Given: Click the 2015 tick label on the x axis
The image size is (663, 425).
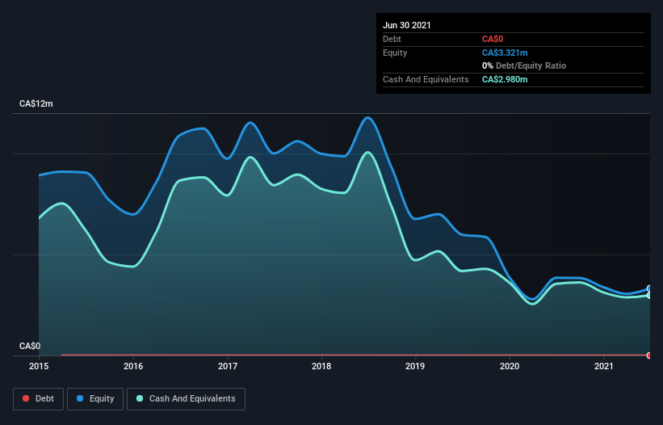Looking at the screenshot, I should [39, 366].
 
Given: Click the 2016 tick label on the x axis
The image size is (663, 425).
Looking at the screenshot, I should [133, 366].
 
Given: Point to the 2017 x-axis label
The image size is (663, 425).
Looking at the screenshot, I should [228, 366].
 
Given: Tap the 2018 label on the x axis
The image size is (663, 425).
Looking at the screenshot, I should [321, 366].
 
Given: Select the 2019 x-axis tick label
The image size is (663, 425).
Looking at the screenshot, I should [416, 366].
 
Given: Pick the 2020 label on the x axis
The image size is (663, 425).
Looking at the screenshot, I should [510, 366].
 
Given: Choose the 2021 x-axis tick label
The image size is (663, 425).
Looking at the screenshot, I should [604, 366].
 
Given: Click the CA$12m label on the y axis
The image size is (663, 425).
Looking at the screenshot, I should [36, 104].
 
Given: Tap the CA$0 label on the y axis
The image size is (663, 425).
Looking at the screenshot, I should [29, 346].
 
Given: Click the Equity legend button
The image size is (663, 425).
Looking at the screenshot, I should [95, 398].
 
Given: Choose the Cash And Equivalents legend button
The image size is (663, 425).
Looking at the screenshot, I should [186, 398].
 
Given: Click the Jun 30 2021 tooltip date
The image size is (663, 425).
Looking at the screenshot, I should [407, 25].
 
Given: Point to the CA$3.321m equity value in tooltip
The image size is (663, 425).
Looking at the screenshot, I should [506, 53].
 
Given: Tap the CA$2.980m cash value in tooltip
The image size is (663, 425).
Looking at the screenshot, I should [506, 79].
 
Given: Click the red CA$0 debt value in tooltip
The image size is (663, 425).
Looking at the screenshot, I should [494, 39].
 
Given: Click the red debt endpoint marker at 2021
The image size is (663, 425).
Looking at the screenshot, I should [649, 356].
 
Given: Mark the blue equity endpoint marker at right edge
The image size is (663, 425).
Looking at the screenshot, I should [649, 288].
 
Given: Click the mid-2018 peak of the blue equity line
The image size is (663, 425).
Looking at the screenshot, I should [368, 118].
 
